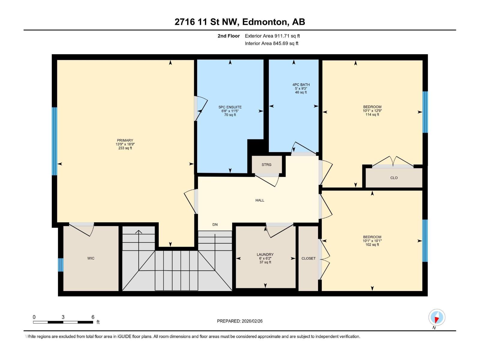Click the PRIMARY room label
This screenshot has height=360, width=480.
click(x=125, y=140)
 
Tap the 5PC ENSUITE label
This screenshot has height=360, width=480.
click(x=230, y=107)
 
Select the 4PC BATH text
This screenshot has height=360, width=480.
click(x=301, y=85)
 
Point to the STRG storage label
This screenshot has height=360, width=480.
click(x=266, y=165)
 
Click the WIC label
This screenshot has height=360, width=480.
click(x=91, y=258)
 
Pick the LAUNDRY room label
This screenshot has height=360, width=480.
click(x=265, y=254)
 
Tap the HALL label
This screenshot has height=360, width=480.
click(x=260, y=200)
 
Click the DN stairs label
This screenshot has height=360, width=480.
click(x=215, y=224)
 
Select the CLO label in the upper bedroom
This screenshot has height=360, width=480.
click(x=394, y=178)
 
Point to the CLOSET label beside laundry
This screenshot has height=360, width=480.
click(x=308, y=258)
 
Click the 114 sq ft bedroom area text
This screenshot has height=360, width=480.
click(x=372, y=115)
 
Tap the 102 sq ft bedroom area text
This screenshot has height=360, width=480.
click(x=372, y=244)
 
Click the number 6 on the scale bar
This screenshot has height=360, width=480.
click(x=93, y=317)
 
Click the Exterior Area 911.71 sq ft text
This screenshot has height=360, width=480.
click(x=272, y=36)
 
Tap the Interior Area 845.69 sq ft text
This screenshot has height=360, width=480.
click(x=271, y=43)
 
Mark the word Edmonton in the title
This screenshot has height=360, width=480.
click(x=265, y=22)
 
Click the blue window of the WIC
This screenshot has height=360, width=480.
click(x=61, y=265)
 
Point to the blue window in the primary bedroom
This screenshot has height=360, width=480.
click(x=55, y=141)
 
